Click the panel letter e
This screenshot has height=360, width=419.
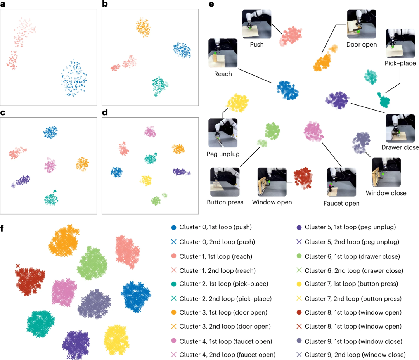pos(211,4)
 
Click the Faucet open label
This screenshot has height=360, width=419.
pos(341,203)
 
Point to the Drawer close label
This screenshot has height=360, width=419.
pos(400,147)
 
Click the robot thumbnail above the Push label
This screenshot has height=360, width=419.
pos(257,24)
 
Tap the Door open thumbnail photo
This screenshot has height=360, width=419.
pos(361,24)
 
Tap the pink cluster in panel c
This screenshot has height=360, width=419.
pos(50,166)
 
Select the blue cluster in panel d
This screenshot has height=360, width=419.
pos(116,171)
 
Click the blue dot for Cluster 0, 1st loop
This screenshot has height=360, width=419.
pos(174,228)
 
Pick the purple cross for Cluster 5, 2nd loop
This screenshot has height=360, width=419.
pos(299,242)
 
